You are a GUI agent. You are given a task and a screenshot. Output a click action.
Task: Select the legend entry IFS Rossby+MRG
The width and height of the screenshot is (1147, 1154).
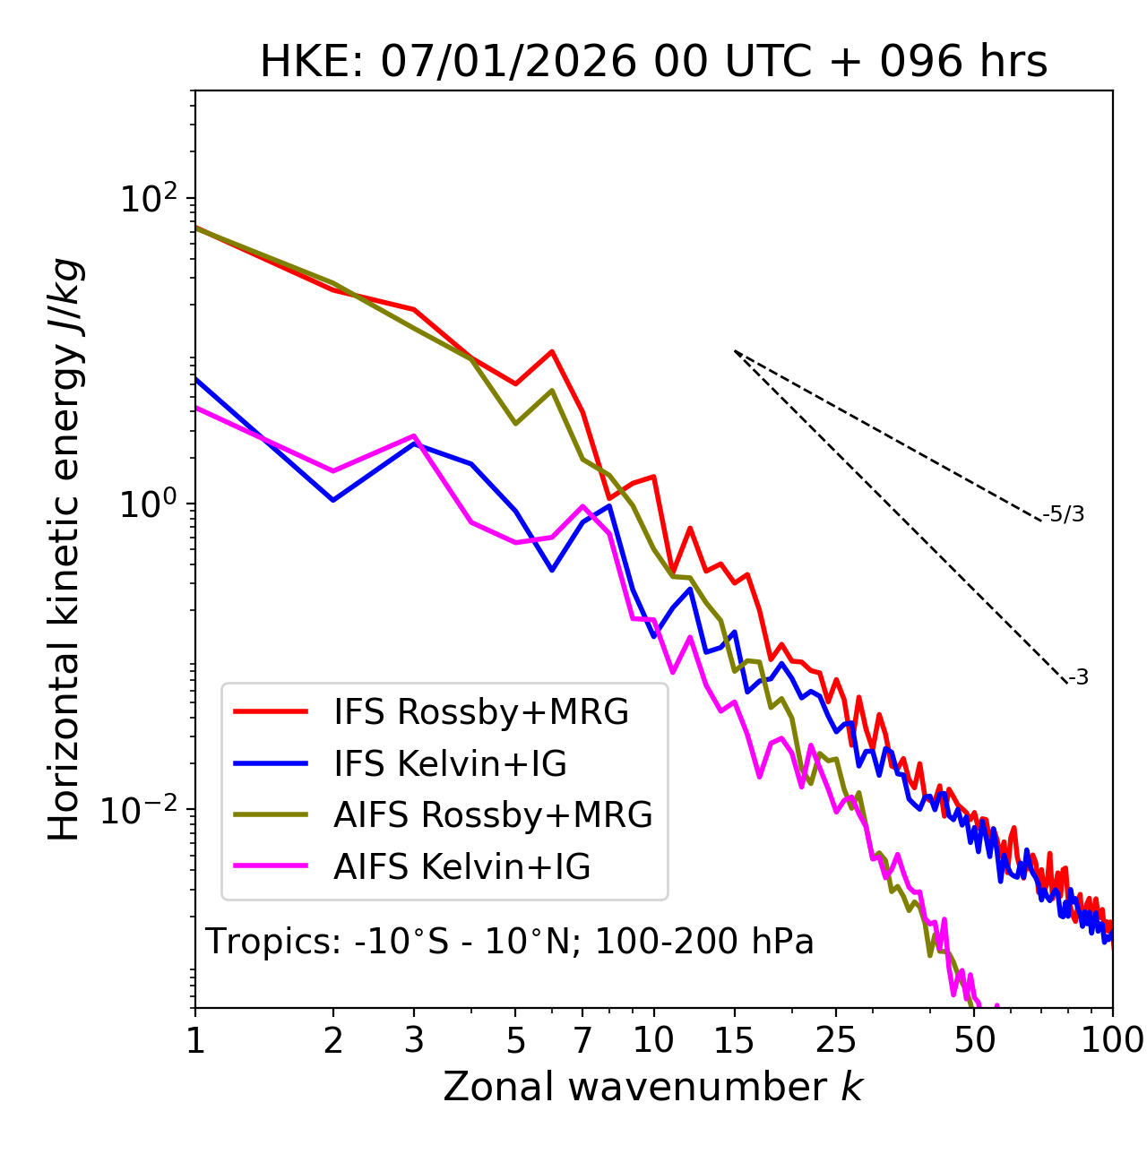[480, 712]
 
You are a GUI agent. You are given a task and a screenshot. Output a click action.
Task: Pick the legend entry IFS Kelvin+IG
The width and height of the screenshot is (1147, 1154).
[450, 763]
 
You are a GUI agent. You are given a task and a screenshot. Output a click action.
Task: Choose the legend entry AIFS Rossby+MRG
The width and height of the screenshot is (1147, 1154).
[493, 815]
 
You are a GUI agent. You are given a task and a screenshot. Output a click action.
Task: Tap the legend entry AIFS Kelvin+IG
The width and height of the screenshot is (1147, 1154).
[461, 867]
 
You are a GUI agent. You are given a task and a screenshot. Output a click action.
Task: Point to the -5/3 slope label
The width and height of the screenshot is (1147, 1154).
[1064, 514]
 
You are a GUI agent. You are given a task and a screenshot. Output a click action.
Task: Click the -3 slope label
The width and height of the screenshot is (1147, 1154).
[1078, 677]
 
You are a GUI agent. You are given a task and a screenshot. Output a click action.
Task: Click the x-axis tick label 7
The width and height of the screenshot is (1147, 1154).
[582, 1040]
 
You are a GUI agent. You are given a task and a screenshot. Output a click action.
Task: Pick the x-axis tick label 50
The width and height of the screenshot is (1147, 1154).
[974, 1040]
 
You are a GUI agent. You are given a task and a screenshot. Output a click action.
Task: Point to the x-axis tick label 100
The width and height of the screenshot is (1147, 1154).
[1112, 1040]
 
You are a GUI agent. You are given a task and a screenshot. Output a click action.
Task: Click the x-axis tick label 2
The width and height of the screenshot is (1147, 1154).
[333, 1040]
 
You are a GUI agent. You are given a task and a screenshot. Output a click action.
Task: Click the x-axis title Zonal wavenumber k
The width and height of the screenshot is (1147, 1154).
[653, 1087]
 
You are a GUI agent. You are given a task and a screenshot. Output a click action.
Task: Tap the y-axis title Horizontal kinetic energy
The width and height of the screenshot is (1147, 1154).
[65, 549]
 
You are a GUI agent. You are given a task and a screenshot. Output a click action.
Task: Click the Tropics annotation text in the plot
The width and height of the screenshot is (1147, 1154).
[510, 942]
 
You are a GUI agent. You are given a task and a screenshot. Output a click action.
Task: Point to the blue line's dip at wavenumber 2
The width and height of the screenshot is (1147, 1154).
[333, 500]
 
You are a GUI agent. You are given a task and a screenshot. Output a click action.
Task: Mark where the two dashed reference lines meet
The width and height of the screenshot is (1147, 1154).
[735, 351]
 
